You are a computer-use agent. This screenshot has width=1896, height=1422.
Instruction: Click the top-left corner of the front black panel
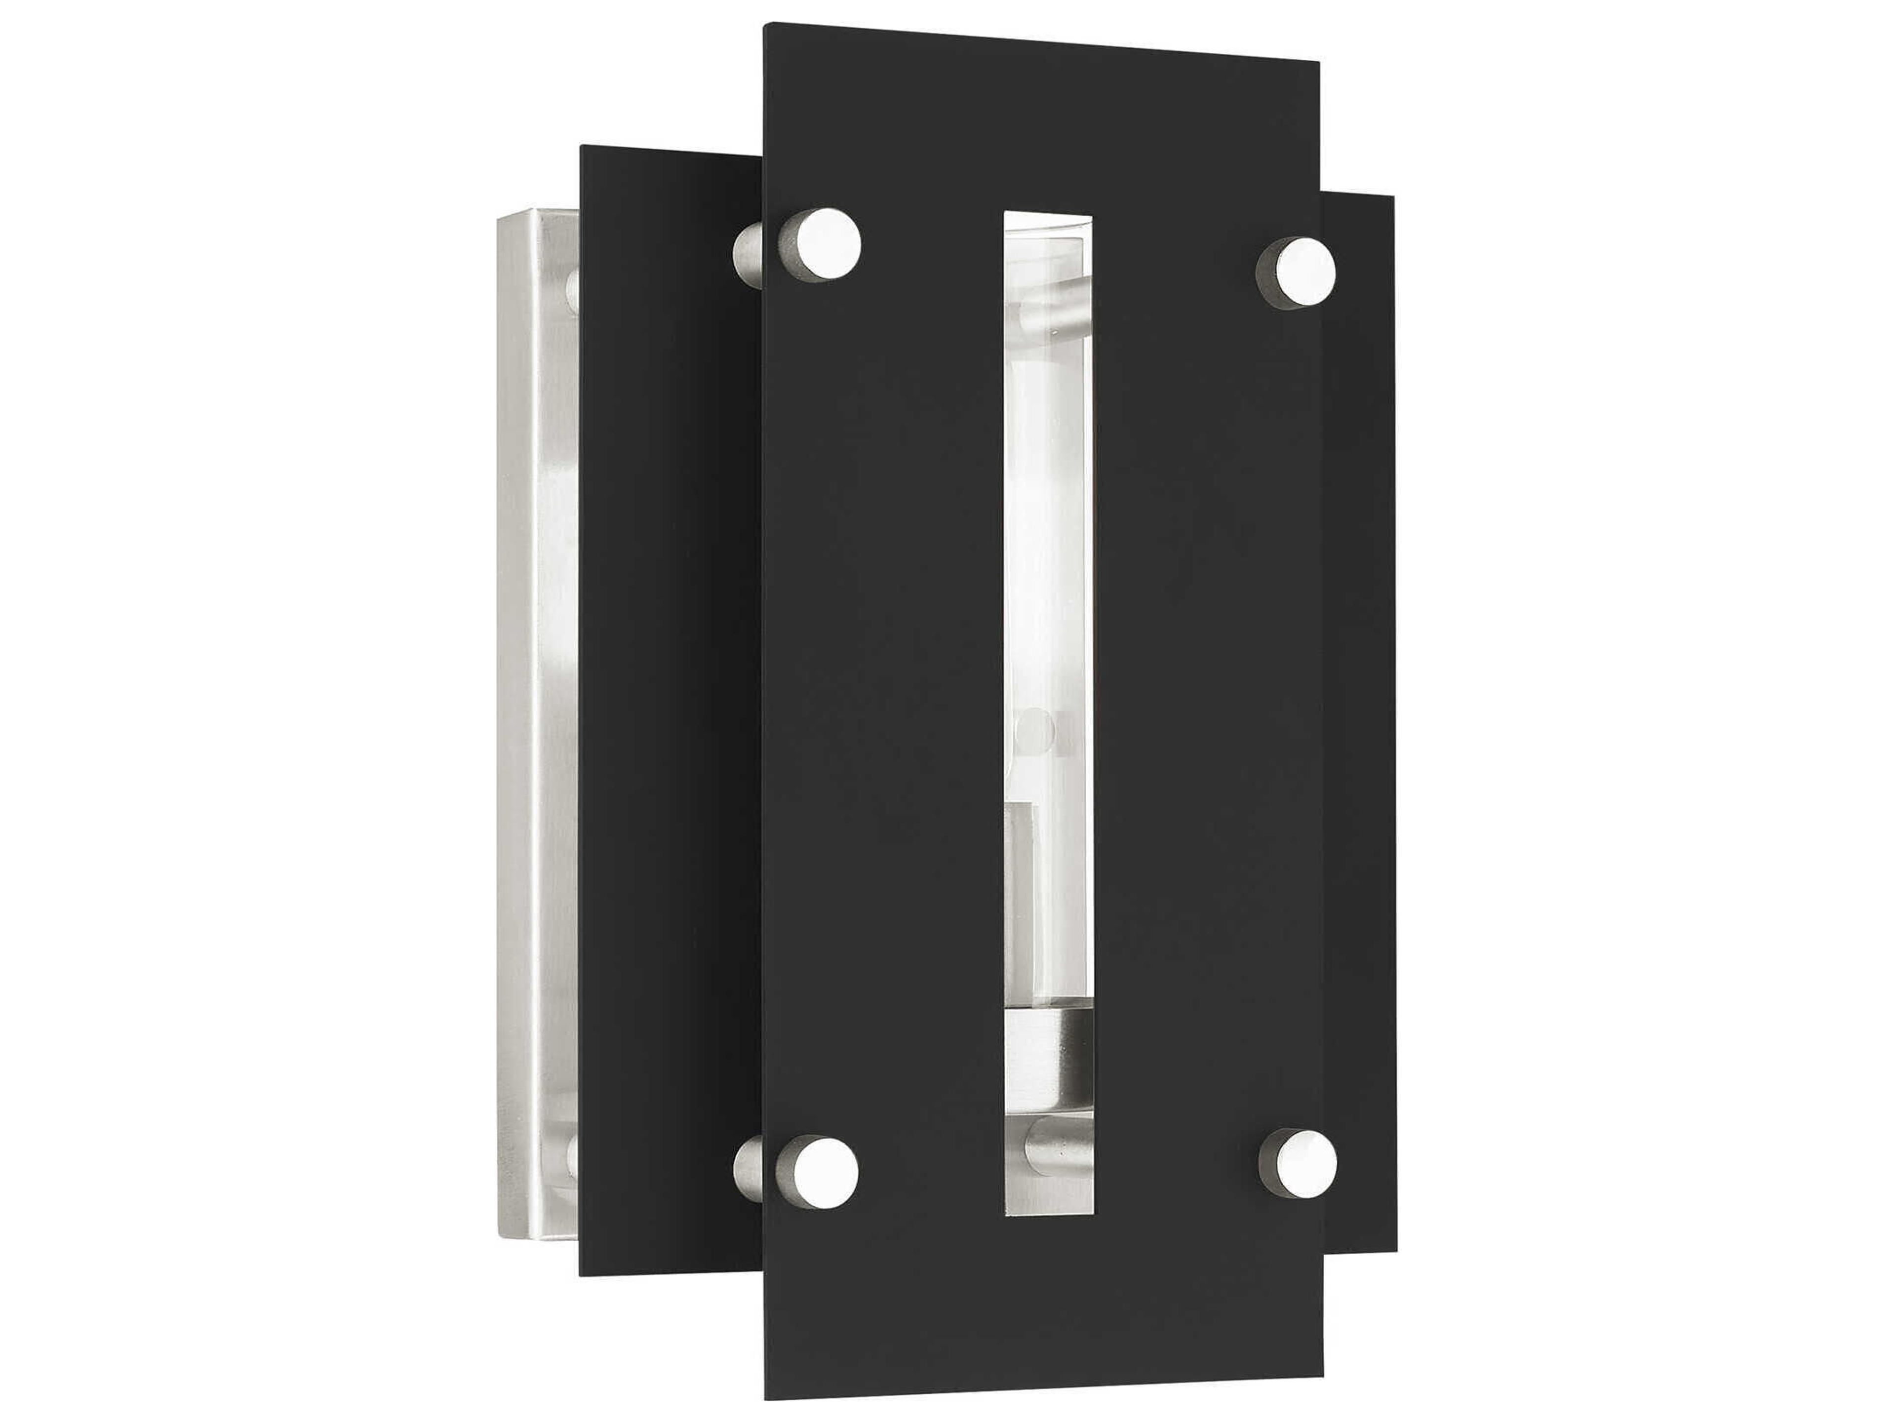(765, 25)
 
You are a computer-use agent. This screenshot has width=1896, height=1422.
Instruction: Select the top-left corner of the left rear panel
(582, 147)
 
